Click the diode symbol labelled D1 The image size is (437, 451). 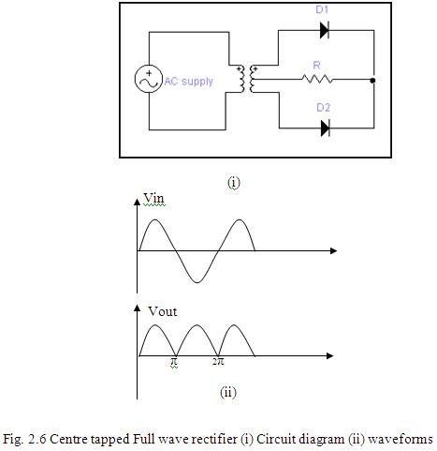point(325,30)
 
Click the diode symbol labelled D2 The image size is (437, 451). point(325,128)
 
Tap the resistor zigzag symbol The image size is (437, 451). point(317,79)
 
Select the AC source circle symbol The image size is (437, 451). point(149,79)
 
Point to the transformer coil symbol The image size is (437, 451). point(246,79)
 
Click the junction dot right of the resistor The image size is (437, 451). point(372,81)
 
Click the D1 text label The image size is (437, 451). point(322,9)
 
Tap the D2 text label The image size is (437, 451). point(323,108)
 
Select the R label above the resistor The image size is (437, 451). point(316,66)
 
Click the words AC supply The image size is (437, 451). point(189,82)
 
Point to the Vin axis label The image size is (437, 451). point(153,198)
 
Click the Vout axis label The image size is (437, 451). point(162,311)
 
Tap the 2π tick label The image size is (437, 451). point(218,362)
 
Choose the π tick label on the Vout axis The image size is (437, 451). point(174,362)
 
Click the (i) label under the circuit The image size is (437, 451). point(234,183)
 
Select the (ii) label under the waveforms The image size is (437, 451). point(228,392)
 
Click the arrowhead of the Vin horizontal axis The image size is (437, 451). point(333,250)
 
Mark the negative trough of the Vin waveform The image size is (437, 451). point(197,282)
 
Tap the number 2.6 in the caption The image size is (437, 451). point(37,439)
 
